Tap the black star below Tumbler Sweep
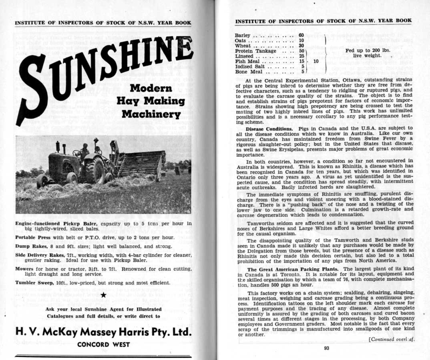(x=103, y=295)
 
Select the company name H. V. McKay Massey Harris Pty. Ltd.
(x=103, y=332)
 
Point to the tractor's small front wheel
(x=43, y=180)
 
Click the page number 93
(x=326, y=348)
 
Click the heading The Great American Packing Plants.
(x=293, y=269)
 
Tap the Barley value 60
(x=301, y=35)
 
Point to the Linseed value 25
(x=301, y=56)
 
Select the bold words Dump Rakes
(x=30, y=247)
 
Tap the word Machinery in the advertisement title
(x=151, y=114)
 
